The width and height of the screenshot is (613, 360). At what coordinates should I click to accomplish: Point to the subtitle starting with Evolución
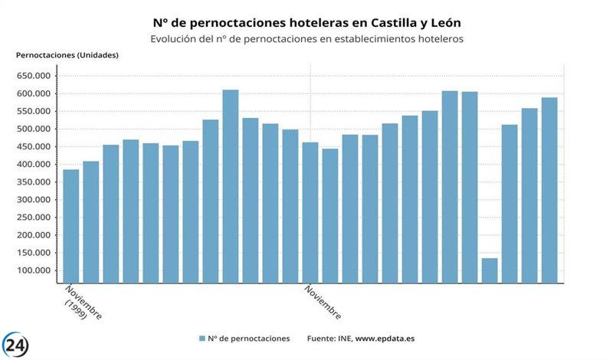(x=306, y=38)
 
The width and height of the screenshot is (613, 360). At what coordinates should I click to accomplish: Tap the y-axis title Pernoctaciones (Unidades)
(x=67, y=55)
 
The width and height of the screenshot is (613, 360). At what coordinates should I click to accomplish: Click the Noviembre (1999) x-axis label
(x=81, y=303)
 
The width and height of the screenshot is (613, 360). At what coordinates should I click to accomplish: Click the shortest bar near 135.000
(x=490, y=270)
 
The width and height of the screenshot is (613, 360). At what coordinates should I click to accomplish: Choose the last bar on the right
(x=549, y=189)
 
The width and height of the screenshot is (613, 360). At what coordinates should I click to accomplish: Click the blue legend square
(x=202, y=338)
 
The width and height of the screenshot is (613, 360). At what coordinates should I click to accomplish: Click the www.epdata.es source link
(x=385, y=338)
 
